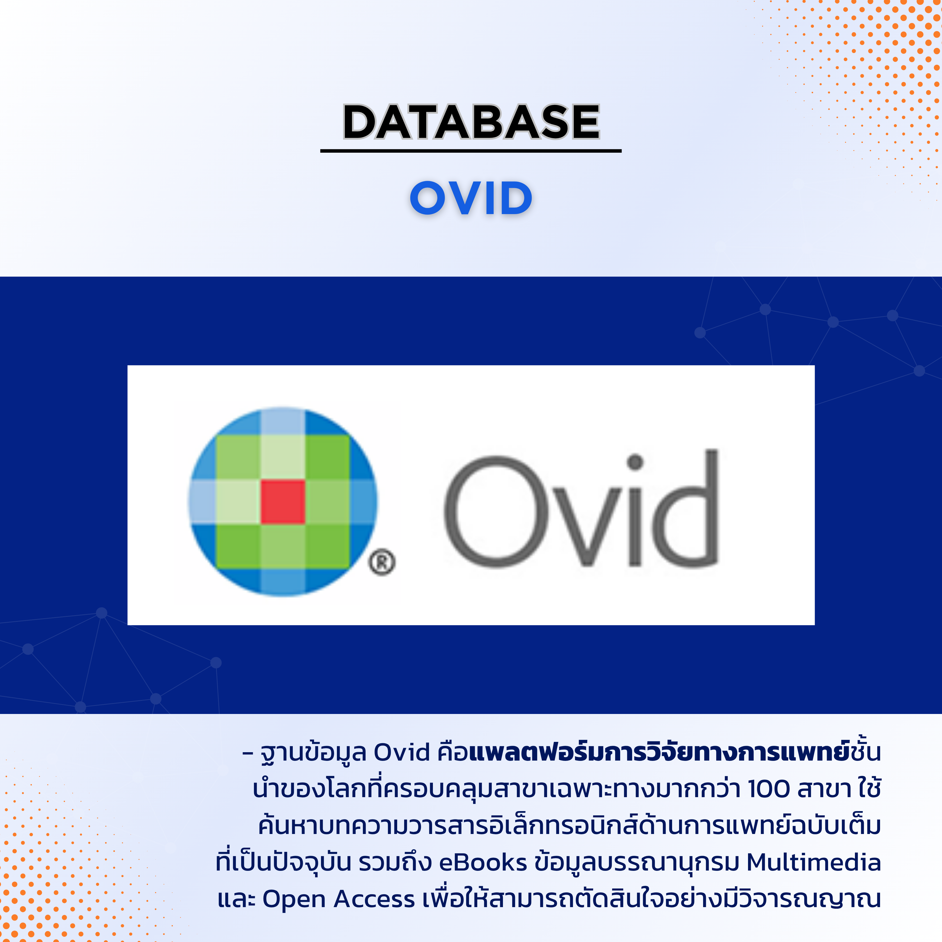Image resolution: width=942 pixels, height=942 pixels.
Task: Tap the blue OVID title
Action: tap(471, 198)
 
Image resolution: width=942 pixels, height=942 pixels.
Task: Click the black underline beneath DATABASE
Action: tap(471, 151)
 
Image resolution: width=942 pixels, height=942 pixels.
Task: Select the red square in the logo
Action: tap(283, 502)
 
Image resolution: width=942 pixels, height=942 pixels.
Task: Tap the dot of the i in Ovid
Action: tap(635, 461)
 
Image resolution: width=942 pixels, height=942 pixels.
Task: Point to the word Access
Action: tap(375, 899)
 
